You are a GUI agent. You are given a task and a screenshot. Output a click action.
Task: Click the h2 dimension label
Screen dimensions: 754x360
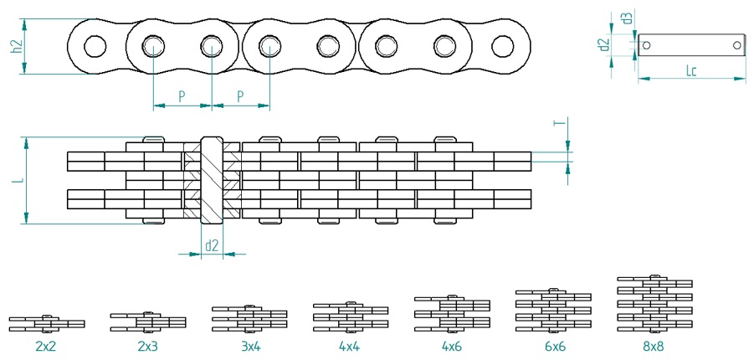click(18, 47)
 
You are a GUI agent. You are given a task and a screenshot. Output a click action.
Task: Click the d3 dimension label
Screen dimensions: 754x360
click(626, 19)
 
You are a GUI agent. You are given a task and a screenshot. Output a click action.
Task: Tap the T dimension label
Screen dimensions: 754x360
click(559, 123)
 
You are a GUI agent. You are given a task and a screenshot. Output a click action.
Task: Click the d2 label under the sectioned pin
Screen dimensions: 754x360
click(212, 245)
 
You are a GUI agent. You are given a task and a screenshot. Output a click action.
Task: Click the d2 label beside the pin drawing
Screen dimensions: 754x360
click(605, 44)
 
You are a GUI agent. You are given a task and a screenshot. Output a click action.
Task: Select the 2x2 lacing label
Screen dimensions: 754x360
click(47, 346)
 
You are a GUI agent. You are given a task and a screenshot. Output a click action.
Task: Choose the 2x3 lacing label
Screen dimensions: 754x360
click(147, 346)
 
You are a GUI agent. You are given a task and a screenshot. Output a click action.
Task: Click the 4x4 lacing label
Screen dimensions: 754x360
click(350, 346)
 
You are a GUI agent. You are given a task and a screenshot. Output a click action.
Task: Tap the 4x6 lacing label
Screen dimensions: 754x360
click(452, 346)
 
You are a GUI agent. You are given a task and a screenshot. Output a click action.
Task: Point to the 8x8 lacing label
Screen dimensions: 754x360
click(654, 346)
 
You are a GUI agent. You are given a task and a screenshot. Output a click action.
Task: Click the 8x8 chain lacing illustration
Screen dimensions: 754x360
click(654, 304)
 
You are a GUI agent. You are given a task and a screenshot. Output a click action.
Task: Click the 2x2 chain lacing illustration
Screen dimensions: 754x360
click(47, 323)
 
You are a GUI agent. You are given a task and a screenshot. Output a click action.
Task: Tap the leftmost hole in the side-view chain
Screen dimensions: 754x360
click(95, 46)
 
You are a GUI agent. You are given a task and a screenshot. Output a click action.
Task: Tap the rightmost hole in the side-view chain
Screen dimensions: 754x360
click(502, 46)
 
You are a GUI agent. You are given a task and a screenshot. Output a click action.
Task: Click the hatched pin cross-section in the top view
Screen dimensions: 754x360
click(212, 181)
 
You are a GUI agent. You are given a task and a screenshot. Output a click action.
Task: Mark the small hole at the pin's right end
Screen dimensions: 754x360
click(737, 45)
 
